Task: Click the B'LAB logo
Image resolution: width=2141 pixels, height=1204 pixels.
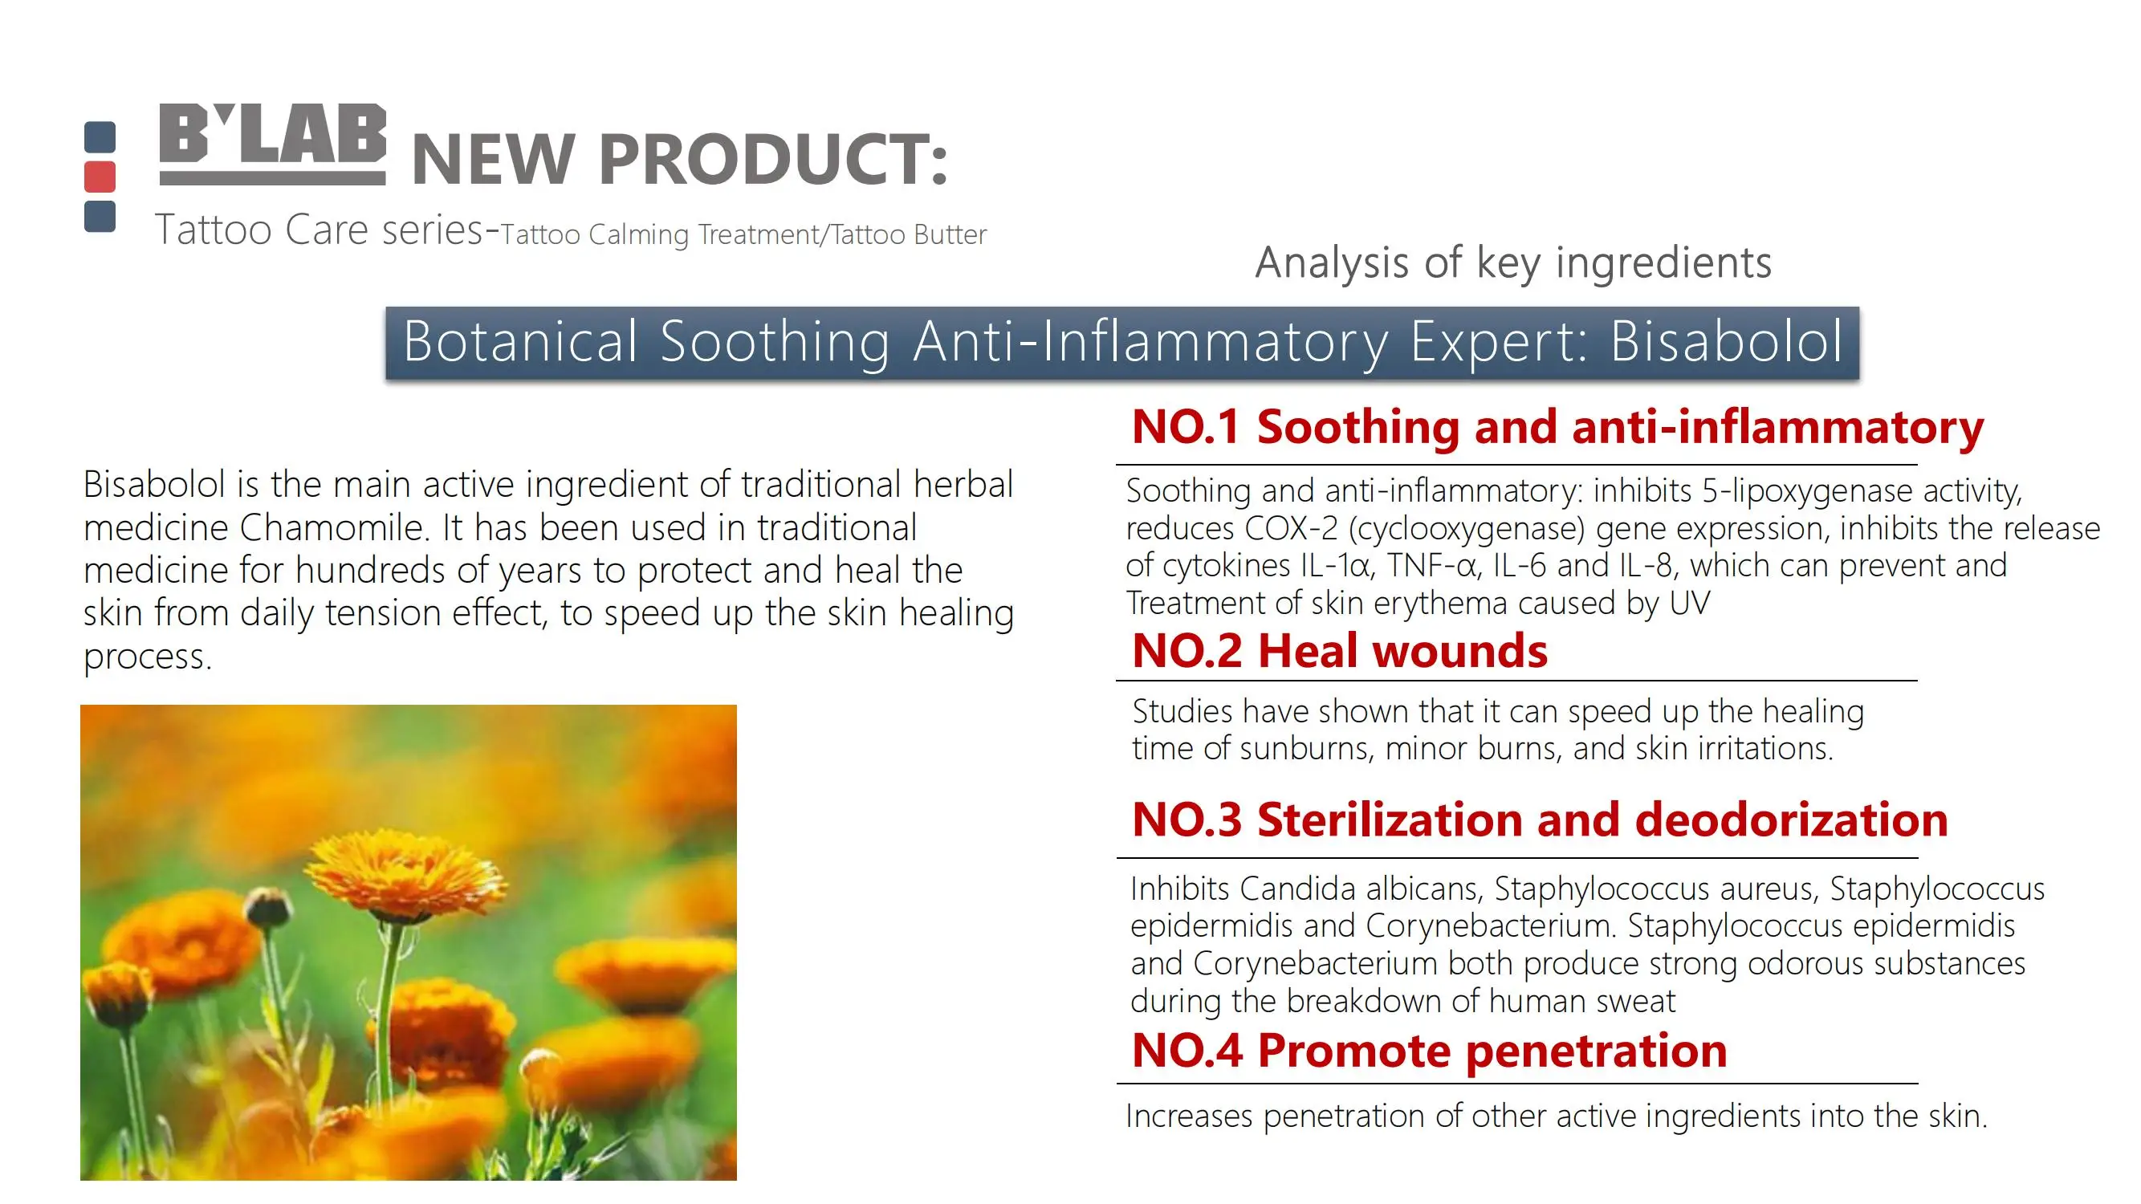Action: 273,144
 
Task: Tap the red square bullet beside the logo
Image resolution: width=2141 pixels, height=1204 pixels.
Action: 100,176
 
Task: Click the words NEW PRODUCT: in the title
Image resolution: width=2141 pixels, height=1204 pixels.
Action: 679,159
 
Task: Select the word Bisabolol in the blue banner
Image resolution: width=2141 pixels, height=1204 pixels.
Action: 1727,341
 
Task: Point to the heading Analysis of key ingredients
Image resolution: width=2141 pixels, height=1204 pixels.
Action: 1513,262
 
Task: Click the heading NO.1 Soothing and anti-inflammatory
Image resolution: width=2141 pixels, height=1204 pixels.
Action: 1557,427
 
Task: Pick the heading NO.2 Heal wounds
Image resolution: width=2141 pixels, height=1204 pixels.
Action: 1340,650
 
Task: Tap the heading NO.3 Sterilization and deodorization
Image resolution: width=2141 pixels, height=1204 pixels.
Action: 1540,820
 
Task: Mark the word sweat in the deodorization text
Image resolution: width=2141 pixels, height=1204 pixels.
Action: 1636,1001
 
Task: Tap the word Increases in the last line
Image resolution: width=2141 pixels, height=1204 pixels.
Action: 1189,1116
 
